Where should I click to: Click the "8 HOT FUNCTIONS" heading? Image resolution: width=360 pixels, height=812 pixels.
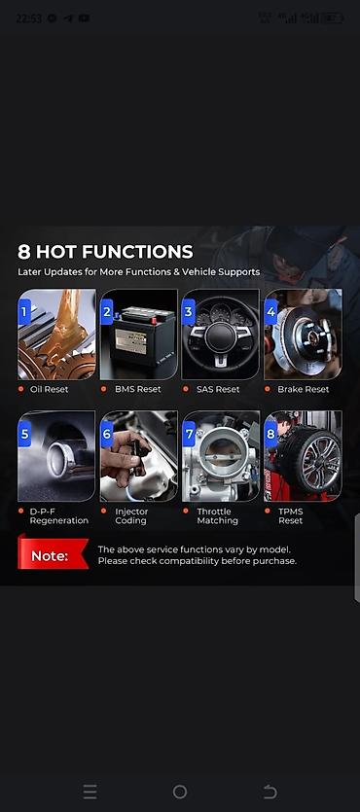point(105,252)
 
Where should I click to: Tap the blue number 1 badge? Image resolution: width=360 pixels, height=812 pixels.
point(24,312)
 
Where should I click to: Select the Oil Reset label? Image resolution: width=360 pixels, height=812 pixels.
point(50,389)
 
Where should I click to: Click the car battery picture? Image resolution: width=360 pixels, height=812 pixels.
point(139,335)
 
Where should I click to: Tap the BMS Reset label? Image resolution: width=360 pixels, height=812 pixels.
point(138,389)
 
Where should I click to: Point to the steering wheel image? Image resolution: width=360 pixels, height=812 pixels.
point(221,335)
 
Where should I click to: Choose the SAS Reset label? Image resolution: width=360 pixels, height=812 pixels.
point(218,389)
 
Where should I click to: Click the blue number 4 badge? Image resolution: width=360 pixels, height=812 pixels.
point(270,312)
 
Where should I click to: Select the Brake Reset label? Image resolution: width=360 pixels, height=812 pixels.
point(303,389)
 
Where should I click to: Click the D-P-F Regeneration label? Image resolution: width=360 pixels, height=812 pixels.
point(58,515)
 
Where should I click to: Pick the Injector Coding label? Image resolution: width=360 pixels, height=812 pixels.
point(131,515)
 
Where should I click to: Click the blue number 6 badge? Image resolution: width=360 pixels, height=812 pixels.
point(107,434)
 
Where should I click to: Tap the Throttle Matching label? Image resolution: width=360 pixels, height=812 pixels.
point(218,515)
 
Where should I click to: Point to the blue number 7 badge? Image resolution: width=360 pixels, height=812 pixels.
point(189,434)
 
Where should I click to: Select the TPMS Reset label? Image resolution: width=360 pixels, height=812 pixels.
point(291,515)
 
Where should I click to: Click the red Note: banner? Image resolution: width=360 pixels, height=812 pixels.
point(53,554)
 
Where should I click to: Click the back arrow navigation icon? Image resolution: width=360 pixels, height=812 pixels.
point(270,792)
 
